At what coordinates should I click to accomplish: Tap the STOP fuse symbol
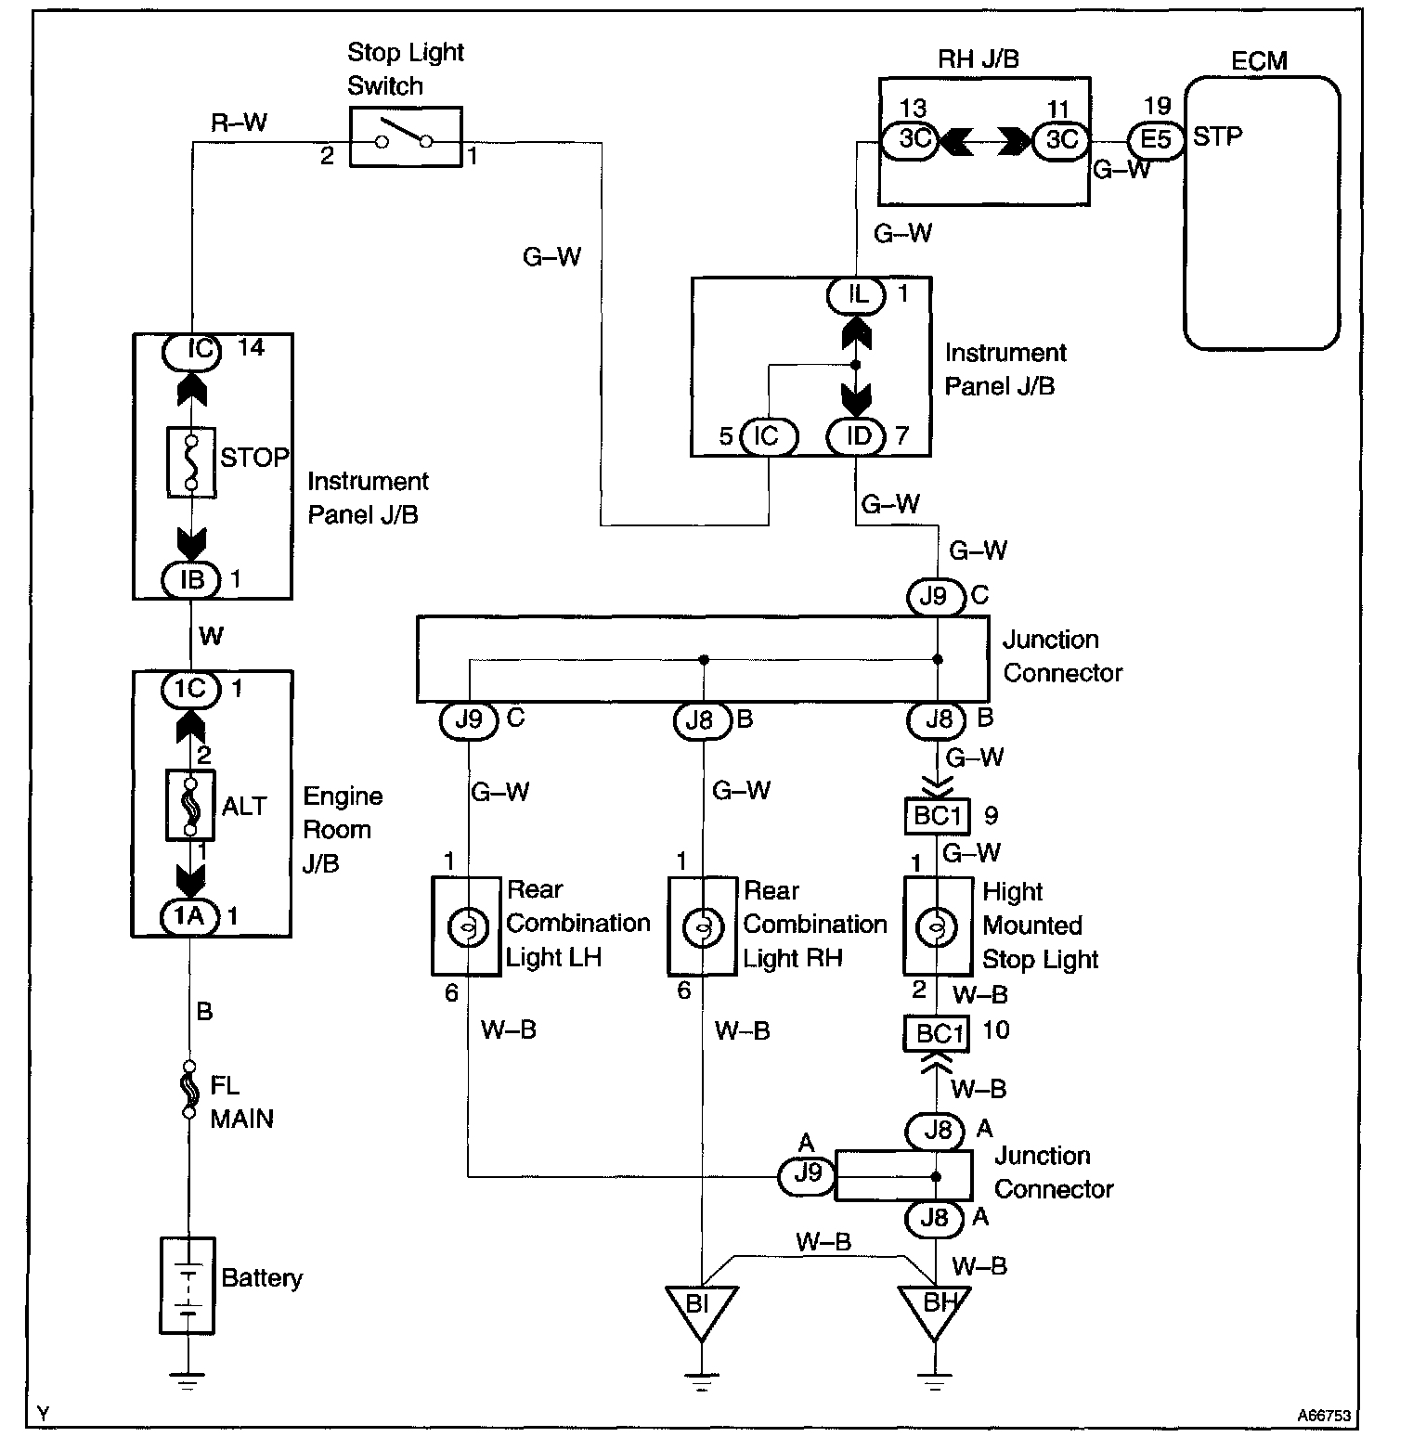click(x=190, y=461)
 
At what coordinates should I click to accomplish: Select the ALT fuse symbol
click(x=190, y=805)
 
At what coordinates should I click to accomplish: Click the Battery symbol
click(x=188, y=1285)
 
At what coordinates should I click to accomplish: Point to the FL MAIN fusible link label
click(x=241, y=1102)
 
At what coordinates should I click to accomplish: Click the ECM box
click(x=1262, y=213)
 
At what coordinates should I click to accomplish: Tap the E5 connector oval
click(x=1156, y=140)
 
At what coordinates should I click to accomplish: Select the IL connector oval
click(x=858, y=295)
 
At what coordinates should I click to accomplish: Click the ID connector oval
click(x=858, y=436)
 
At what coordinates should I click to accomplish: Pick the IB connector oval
click(x=191, y=580)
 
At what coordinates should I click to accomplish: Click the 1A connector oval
click(x=189, y=917)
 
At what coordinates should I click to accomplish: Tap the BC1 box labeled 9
click(x=937, y=817)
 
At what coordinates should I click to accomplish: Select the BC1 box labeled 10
click(x=937, y=1033)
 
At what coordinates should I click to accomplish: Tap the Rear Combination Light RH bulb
click(x=703, y=926)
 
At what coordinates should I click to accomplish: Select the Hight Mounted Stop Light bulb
click(x=937, y=926)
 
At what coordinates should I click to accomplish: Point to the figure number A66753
click(x=1324, y=1417)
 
